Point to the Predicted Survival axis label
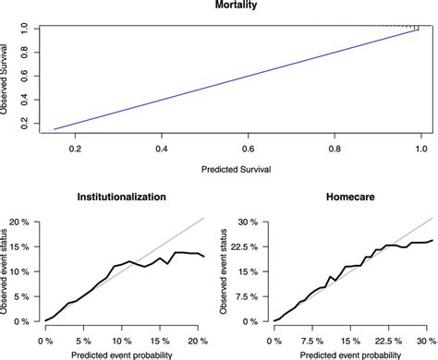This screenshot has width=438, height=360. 234,170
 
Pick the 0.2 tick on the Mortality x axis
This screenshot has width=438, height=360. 74,148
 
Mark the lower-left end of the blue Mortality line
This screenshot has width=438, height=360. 55,128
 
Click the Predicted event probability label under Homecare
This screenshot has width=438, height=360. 354,353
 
